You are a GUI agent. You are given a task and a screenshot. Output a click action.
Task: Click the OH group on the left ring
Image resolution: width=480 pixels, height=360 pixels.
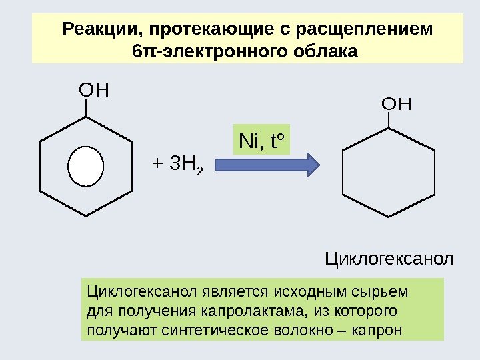[93, 89]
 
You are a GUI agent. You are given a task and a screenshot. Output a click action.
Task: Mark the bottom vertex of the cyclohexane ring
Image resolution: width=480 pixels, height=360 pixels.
[388, 217]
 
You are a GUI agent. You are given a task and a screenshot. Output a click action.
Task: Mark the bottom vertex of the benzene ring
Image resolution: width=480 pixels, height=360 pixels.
[87, 216]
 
